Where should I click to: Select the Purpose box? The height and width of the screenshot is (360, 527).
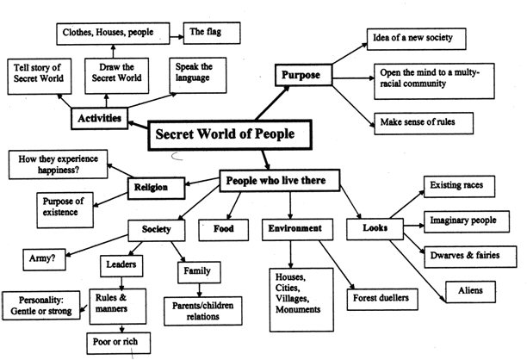point(301,75)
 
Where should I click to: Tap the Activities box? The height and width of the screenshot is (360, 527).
point(98,118)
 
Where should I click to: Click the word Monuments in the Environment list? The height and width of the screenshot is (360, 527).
point(296,308)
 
